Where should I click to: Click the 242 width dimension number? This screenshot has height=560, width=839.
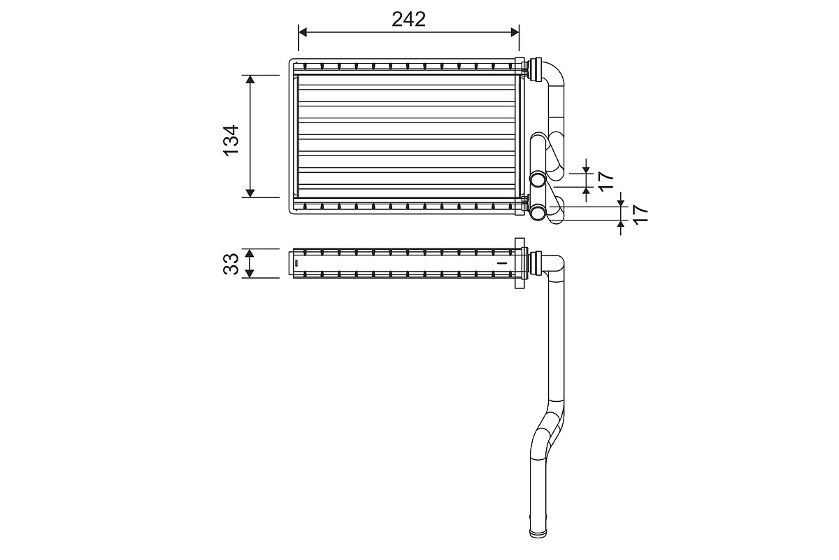coord(408,19)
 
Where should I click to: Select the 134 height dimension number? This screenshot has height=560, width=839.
coord(231,137)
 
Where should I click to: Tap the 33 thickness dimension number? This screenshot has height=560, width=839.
coord(231,263)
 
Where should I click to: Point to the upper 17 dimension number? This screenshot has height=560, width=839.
coord(605,181)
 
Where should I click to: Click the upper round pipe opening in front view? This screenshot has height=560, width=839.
coord(538,179)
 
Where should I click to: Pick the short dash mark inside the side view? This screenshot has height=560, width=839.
coord(500,262)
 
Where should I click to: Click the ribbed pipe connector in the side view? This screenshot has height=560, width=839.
coord(538,263)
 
